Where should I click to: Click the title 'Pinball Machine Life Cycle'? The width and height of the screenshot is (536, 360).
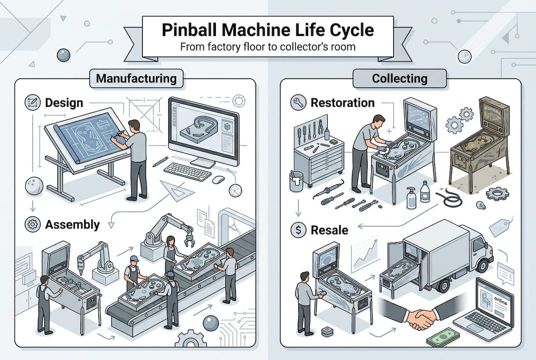pyautogui.click(x=267, y=29)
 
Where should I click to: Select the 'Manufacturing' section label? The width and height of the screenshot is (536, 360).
pyautogui.click(x=136, y=78)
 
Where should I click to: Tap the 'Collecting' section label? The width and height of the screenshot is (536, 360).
pyautogui.click(x=399, y=78)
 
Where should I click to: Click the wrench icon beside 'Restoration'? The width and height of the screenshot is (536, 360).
pyautogui.click(x=297, y=103)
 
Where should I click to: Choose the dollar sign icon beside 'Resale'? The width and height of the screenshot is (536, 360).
pyautogui.click(x=297, y=230)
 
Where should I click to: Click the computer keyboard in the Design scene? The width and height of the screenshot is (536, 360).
pyautogui.click(x=187, y=171)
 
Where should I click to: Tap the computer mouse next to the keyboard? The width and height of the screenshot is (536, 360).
pyautogui.click(x=218, y=179)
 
